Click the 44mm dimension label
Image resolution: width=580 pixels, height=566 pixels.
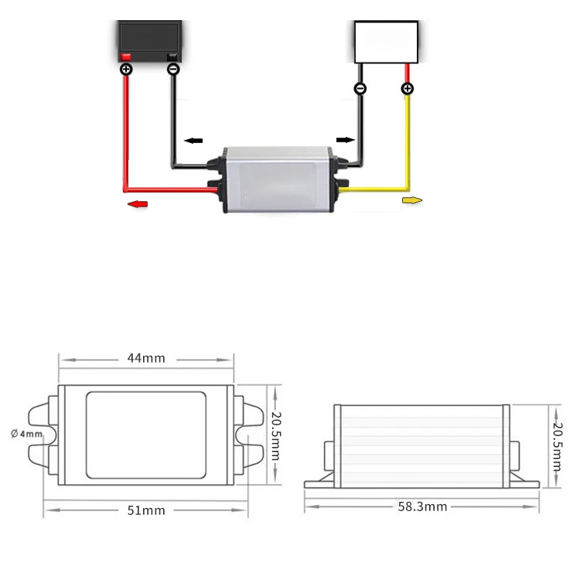pyautogui.click(x=146, y=358)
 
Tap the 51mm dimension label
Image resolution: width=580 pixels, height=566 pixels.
pyautogui.click(x=146, y=510)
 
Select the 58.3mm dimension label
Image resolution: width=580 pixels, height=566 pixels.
pyautogui.click(x=422, y=506)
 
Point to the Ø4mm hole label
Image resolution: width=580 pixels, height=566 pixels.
pyautogui.click(x=26, y=434)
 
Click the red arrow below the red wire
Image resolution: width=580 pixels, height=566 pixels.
pyautogui.click(x=137, y=204)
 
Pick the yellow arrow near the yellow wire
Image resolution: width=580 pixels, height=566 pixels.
pyautogui.click(x=412, y=200)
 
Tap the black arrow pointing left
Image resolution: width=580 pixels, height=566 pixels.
pyautogui.click(x=193, y=141)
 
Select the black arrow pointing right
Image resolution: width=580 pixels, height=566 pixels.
pyautogui.click(x=346, y=140)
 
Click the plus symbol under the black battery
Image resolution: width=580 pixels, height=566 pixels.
pyautogui.click(x=126, y=69)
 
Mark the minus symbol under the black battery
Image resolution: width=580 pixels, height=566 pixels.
pyautogui.click(x=173, y=69)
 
